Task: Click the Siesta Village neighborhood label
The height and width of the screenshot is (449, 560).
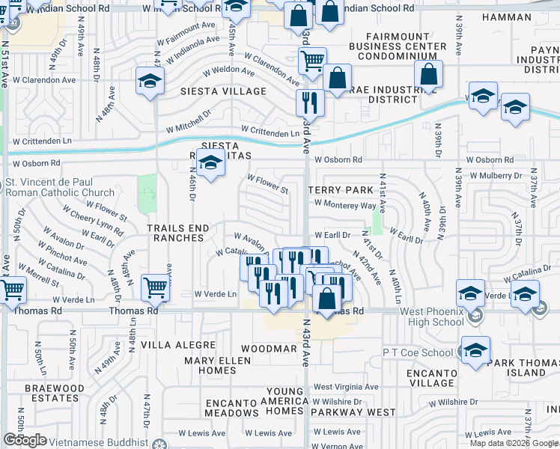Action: tap(223, 91)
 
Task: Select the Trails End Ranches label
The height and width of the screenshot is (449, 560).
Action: tap(176, 232)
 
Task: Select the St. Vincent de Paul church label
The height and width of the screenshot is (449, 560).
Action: tap(59, 187)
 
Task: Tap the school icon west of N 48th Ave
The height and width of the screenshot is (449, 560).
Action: tap(150, 81)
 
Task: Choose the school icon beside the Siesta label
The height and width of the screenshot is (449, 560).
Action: tap(211, 161)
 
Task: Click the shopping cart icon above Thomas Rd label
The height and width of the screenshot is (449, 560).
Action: tap(156, 286)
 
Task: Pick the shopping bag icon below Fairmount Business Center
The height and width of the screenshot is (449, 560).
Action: tap(428, 75)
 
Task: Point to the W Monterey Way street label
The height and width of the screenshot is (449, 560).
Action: tap(344, 205)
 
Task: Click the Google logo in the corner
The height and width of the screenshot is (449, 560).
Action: tap(25, 440)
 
